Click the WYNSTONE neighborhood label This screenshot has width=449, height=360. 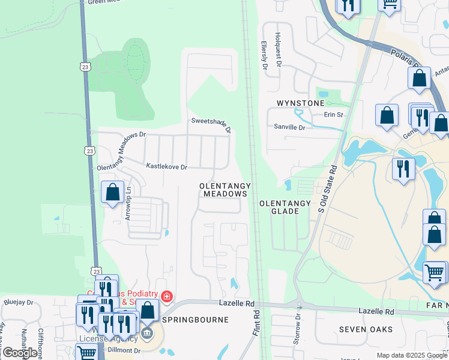click(300, 103)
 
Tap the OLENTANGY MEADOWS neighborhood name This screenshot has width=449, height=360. click(224, 190)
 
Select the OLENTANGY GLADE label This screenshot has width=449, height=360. click(285, 208)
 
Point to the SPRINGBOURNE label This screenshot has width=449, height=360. click(200, 320)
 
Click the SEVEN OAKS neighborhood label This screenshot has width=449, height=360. click(366, 329)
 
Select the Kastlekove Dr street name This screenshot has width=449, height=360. click(167, 165)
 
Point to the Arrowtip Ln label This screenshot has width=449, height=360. click(128, 203)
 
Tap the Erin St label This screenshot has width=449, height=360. click(333, 115)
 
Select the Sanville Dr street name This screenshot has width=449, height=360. click(289, 127)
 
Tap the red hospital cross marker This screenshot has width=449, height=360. click(166, 296)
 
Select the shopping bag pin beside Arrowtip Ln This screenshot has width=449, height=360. click(112, 193)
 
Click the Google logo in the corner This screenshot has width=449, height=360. click(20, 353)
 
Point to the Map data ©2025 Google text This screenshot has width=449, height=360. click(412, 355)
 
